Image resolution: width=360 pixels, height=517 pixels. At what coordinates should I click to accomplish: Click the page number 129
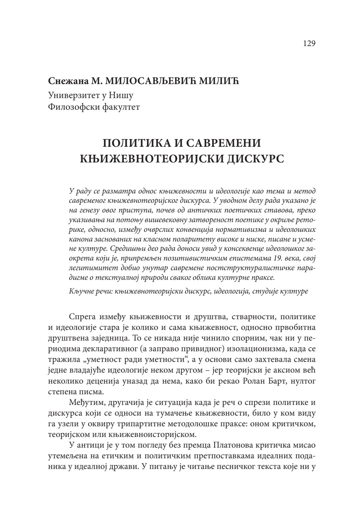(x=309, y=44)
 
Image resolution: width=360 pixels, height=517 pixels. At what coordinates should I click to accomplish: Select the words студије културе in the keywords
(x=280, y=291)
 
